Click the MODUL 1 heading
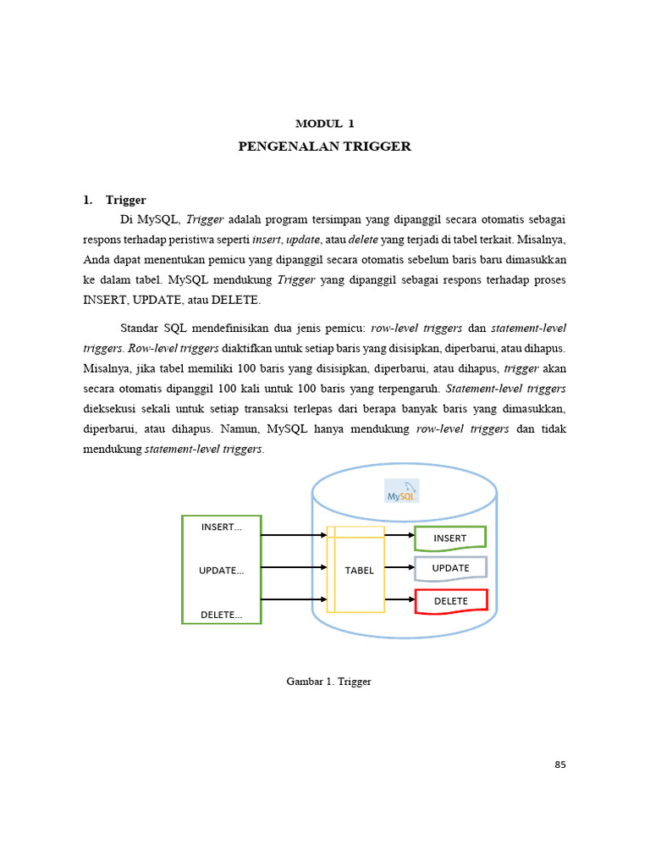click(324, 124)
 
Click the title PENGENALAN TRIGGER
click(324, 146)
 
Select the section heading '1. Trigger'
click(114, 200)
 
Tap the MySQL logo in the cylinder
click(402, 492)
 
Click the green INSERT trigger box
click(450, 538)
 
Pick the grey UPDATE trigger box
click(450, 568)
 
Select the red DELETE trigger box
click(451, 600)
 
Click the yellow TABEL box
click(360, 570)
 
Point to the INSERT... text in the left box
click(221, 527)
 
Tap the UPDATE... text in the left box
click(221, 570)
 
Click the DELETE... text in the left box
click(221, 614)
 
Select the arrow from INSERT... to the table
click(294, 535)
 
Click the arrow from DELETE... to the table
click(294, 600)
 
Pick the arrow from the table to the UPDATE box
click(399, 568)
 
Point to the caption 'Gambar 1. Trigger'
click(329, 681)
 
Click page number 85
click(559, 765)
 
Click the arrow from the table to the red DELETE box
click(399, 600)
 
